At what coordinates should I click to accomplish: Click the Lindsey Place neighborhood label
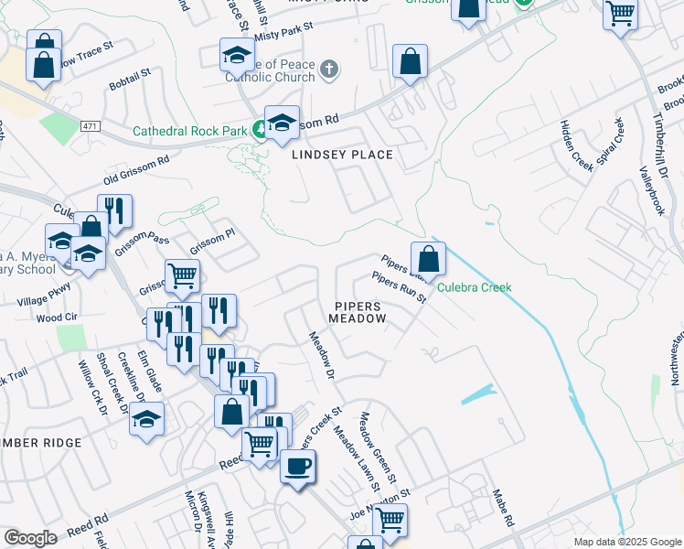click(342, 155)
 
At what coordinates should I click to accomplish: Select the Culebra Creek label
click(474, 287)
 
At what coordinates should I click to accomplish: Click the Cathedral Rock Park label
click(190, 131)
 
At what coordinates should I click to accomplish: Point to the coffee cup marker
click(298, 467)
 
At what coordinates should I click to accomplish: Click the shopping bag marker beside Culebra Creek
click(427, 259)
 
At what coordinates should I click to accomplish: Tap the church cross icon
click(329, 70)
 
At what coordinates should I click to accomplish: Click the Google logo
click(30, 538)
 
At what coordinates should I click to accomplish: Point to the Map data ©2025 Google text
click(626, 542)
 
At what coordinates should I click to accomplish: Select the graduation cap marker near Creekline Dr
click(146, 421)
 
